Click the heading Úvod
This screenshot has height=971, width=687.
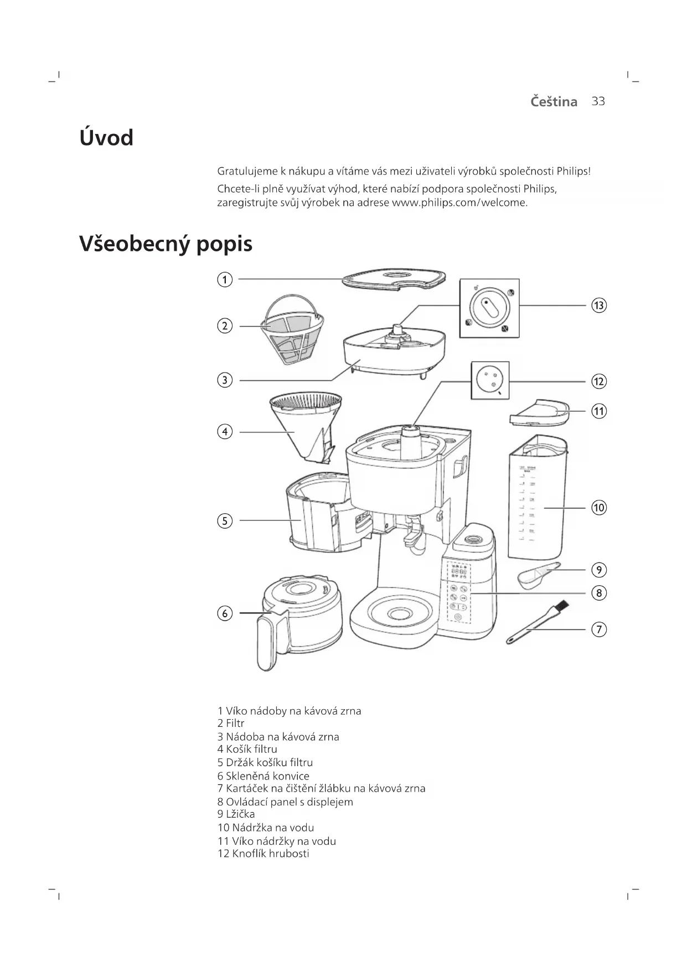(106, 138)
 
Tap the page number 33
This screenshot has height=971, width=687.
(598, 101)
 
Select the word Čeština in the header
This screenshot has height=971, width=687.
(553, 102)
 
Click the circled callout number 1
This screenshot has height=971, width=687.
(224, 280)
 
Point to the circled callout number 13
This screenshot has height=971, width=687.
(599, 305)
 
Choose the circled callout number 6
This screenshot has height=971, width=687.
(224, 613)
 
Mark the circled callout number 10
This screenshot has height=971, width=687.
(599, 508)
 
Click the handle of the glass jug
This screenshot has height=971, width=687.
(267, 642)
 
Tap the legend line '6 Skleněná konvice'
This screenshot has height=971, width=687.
(264, 776)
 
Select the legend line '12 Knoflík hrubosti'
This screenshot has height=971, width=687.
(264, 853)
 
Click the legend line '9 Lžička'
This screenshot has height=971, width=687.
(236, 814)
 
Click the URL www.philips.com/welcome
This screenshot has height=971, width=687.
(459, 203)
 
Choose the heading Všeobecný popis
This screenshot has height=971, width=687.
(166, 244)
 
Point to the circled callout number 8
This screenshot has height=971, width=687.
(599, 593)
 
